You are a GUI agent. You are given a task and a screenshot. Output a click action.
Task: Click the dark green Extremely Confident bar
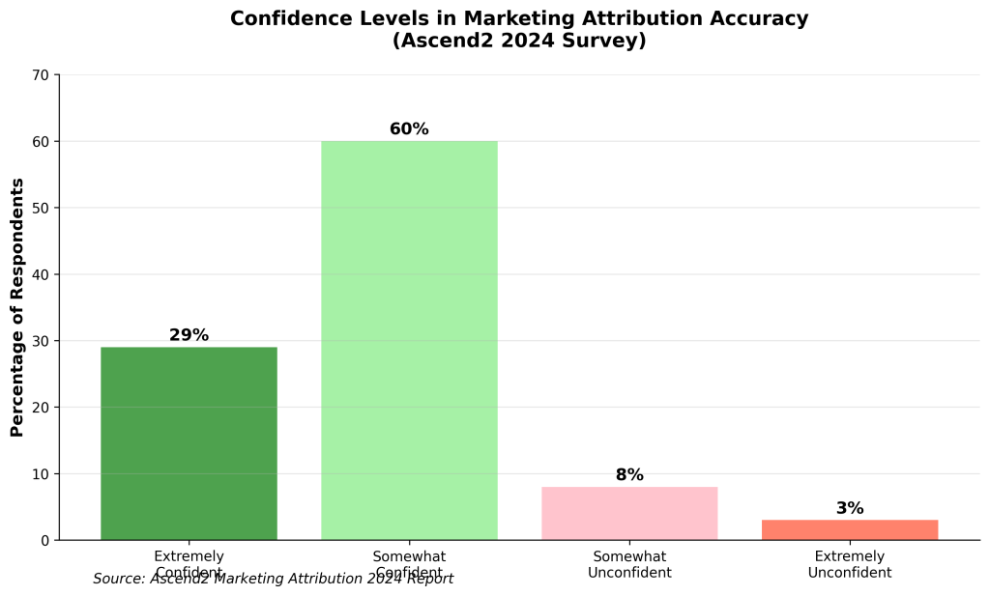point(189,443)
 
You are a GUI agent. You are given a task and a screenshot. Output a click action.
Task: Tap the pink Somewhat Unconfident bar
point(629,513)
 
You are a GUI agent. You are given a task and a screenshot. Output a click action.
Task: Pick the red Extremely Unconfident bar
point(850,529)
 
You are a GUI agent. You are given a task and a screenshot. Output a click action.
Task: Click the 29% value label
point(189,335)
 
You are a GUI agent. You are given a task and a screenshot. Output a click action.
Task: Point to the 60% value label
point(409,129)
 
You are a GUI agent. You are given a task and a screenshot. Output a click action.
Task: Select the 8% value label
point(629,475)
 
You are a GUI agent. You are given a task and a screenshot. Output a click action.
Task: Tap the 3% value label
point(850,508)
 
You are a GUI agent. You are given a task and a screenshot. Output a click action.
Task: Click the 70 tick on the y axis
point(42,75)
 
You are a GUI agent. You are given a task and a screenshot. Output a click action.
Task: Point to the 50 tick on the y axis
point(42,208)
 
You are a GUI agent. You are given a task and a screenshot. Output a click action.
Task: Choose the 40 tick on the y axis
point(42,274)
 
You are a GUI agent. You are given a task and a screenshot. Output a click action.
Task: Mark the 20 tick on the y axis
point(42,407)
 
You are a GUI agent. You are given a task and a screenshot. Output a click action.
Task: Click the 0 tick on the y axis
point(45,540)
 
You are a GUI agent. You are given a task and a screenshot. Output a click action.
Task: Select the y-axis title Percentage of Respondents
point(17,307)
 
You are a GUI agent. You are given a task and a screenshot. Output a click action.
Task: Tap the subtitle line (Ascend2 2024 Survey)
point(519,42)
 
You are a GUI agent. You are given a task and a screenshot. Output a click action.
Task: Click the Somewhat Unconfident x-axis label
point(629,564)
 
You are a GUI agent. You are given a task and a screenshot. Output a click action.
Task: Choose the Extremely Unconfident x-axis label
point(850,564)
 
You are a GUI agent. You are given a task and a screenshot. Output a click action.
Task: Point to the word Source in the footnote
point(119,579)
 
